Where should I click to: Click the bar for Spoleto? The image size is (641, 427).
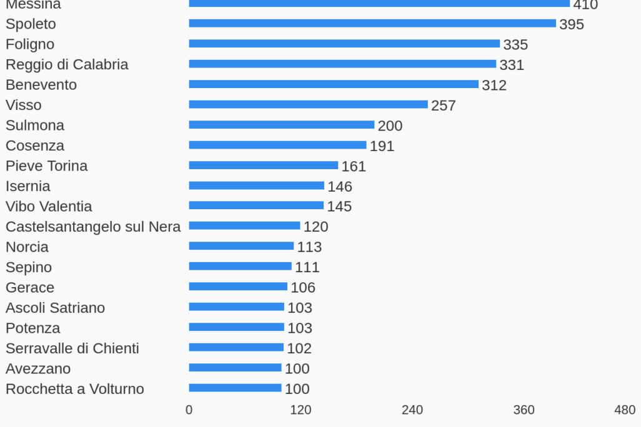372,24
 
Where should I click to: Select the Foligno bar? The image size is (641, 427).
344,44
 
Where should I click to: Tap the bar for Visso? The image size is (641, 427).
308,104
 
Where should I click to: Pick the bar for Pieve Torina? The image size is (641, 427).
263,165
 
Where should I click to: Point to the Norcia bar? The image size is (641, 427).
241,246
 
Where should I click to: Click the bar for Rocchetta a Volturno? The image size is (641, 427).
235,388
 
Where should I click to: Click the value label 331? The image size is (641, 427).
512,65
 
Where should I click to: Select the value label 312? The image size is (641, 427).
494,85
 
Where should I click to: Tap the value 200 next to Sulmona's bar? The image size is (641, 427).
390,125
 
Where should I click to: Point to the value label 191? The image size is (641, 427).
382,146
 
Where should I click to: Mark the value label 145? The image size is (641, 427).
339,207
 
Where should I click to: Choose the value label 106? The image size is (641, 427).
303,287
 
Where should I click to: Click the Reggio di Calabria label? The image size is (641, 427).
67,64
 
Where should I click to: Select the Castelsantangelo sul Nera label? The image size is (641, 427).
93,227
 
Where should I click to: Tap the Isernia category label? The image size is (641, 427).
28,186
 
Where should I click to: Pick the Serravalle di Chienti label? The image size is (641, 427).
72,348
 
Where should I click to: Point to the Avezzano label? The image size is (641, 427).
38,368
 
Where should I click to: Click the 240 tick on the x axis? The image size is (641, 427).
412,410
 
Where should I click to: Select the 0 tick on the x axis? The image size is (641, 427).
189,410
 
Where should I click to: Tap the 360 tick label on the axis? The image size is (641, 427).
524,410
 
